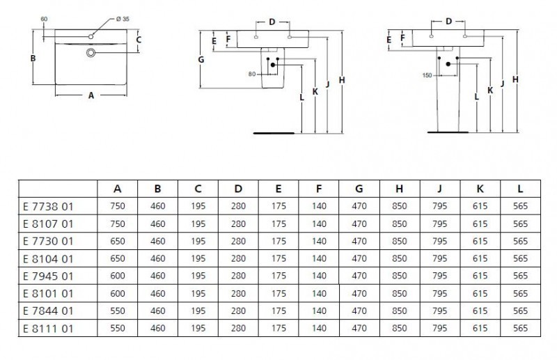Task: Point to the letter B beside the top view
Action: coord(33,59)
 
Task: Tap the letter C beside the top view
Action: coord(139,40)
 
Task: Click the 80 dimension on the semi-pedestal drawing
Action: coord(251,73)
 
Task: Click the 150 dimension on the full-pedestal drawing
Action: coord(427,75)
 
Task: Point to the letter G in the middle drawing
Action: coord(201,60)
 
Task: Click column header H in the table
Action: coord(400,188)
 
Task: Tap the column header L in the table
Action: coord(520,188)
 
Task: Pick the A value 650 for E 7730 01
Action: coord(118,241)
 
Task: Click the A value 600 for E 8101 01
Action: coord(118,293)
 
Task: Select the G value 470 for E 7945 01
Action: coord(359,276)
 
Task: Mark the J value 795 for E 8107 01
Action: coord(439,224)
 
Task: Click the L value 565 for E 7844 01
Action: coord(520,311)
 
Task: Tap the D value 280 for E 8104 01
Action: coord(239,258)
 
